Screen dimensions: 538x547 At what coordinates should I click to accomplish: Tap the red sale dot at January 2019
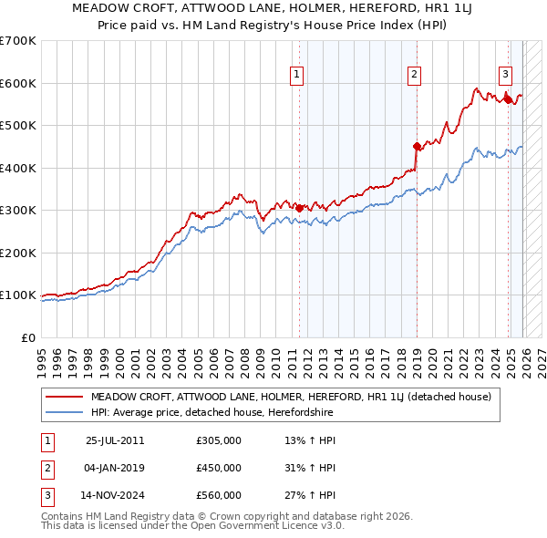click(417, 146)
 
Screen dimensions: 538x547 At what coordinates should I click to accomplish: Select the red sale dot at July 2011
click(299, 208)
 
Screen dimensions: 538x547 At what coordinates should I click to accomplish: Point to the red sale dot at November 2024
click(508, 99)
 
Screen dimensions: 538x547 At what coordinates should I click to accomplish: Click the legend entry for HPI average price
click(212, 413)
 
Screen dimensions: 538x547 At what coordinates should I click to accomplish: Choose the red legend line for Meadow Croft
click(66, 397)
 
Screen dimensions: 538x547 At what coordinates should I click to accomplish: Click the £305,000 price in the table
click(219, 440)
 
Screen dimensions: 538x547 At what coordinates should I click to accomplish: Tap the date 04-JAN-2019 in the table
click(115, 468)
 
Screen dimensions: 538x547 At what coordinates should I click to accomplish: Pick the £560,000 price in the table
click(219, 495)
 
